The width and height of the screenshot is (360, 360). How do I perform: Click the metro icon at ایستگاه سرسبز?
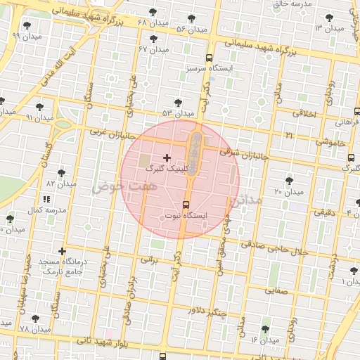(209, 58)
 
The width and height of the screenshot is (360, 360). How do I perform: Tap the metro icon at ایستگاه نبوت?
(186, 205)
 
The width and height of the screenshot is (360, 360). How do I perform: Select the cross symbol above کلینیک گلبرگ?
(167, 157)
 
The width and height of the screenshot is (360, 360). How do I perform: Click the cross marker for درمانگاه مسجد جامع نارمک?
(63, 251)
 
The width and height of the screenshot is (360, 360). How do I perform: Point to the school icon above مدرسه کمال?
(47, 200)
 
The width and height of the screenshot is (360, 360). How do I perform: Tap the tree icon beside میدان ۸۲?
(62, 172)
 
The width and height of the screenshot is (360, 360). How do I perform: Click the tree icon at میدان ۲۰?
(288, 181)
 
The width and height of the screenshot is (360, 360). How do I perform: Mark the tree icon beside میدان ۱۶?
(265, 329)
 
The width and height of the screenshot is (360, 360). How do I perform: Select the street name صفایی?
(275, 289)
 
